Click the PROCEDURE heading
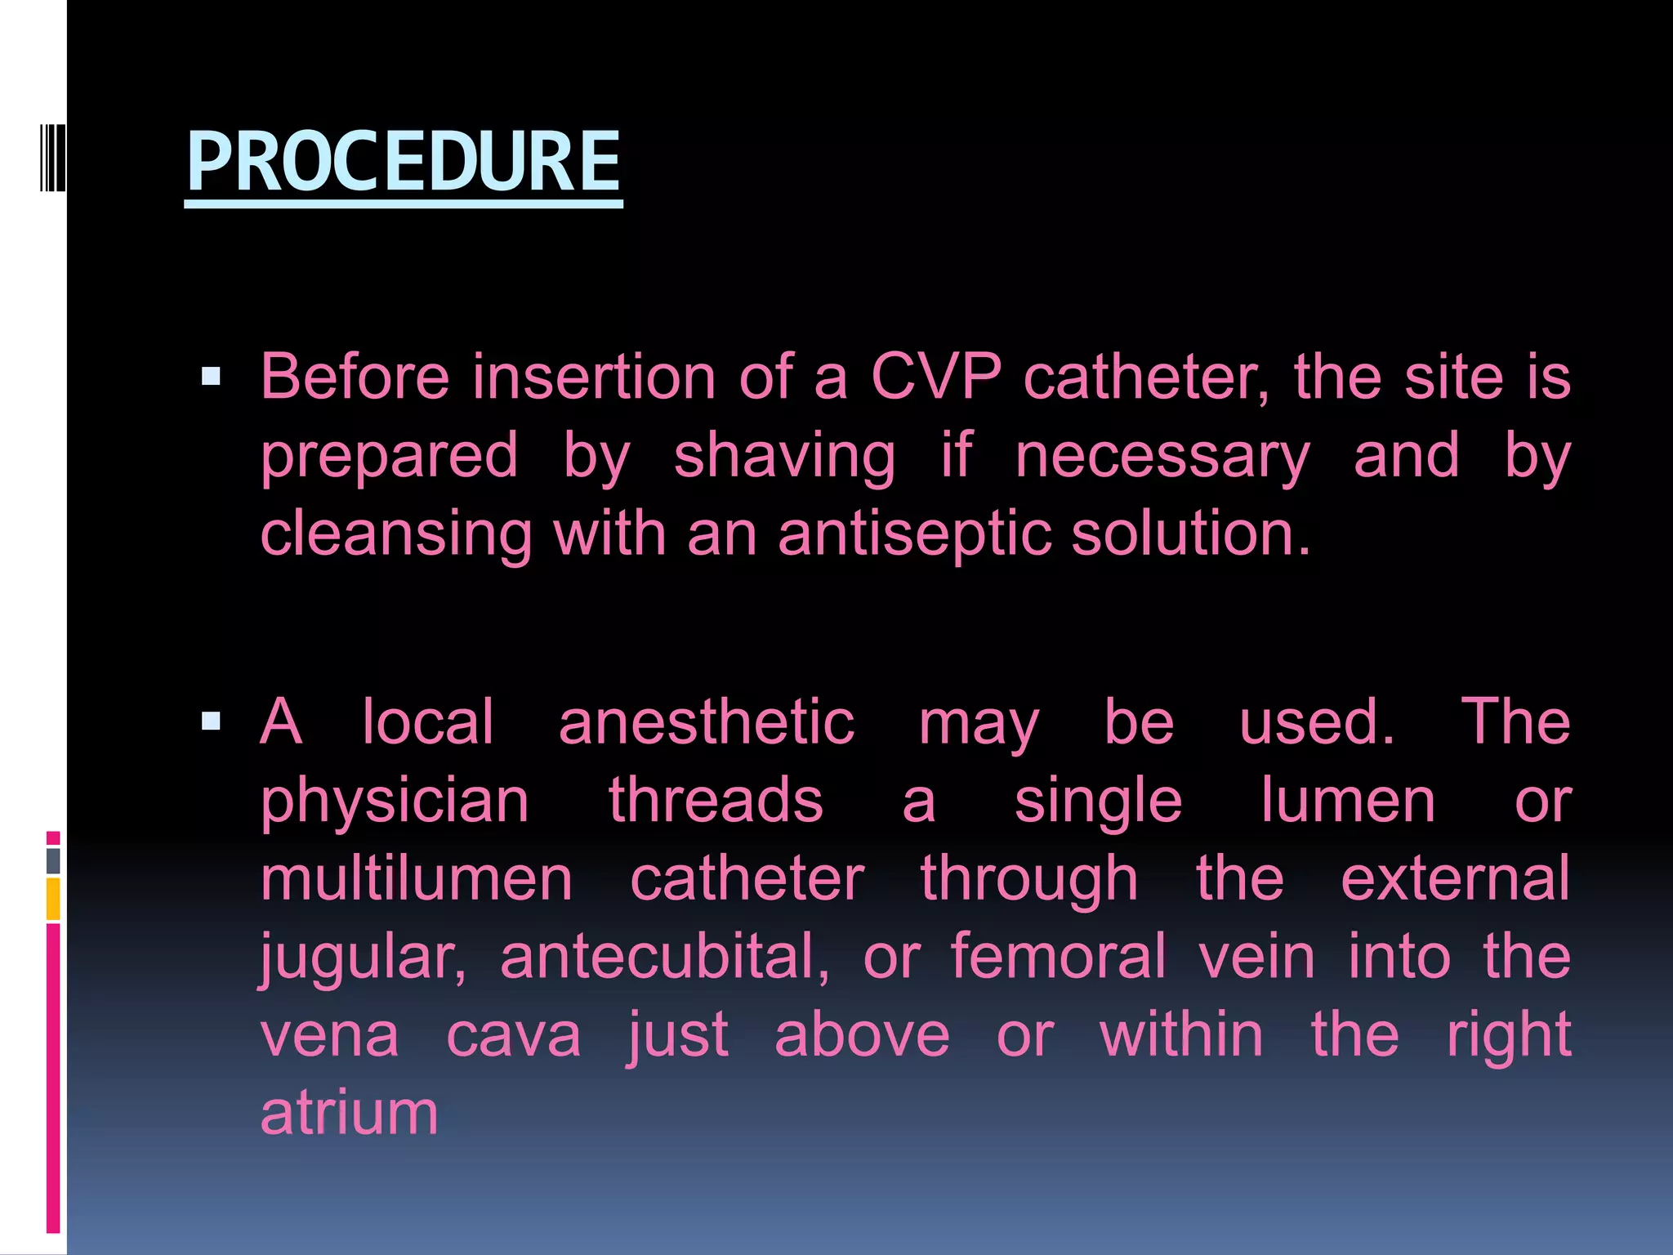404,162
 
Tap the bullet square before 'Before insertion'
211,377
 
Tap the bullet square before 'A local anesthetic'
211,721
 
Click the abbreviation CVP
935,377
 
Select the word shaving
784,456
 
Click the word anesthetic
707,722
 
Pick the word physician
395,802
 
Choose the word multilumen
417,879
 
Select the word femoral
1059,957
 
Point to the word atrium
350,1113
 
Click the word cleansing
396,534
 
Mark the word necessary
1162,456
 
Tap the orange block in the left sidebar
53,899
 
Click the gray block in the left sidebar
53,860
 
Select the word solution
1190,534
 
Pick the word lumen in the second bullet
1348,801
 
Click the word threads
716,801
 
